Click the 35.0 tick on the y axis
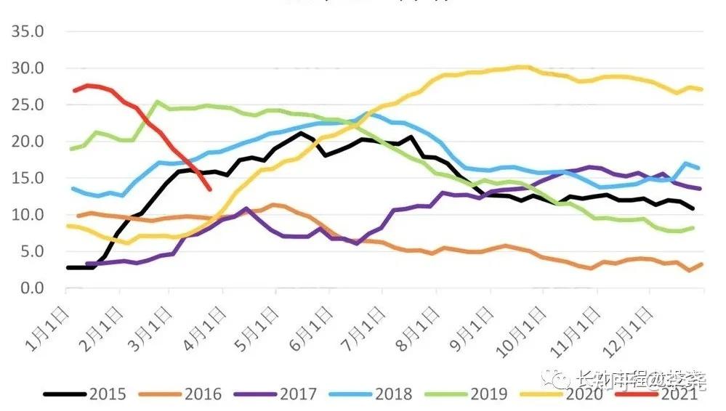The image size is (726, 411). (28, 32)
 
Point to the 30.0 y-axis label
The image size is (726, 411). (28, 68)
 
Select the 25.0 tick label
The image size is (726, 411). (28, 105)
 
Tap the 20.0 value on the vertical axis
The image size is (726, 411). (28, 142)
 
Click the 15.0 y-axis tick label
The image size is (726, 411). (28, 179)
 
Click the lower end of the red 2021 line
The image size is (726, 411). (210, 190)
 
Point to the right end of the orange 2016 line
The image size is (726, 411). (702, 264)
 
